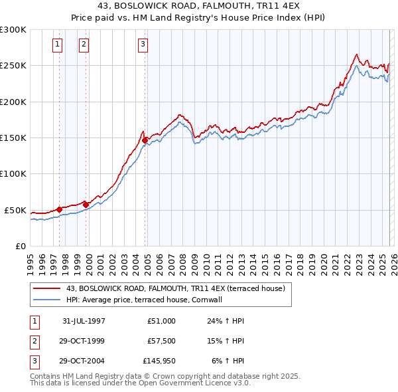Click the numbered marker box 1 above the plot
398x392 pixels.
tap(58, 45)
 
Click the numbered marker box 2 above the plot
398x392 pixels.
tap(84, 45)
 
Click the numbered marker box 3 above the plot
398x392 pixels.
tap(143, 45)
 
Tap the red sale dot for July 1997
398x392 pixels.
tap(60, 209)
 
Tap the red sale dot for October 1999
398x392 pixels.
tap(86, 205)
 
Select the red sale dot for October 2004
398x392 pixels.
tap(145, 140)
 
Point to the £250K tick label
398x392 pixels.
tap(13, 66)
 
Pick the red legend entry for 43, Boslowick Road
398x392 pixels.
tap(175, 288)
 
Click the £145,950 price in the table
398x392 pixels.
tap(159, 361)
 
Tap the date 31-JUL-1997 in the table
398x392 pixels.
tap(84, 320)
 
